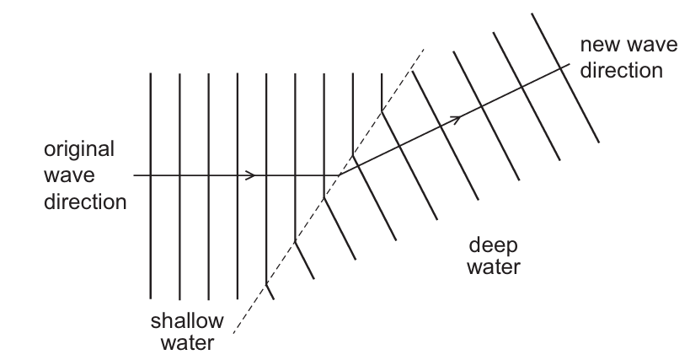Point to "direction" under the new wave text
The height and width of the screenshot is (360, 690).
(x=620, y=70)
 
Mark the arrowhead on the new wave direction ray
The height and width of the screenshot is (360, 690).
(x=457, y=119)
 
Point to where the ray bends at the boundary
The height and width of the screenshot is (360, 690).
(x=339, y=175)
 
